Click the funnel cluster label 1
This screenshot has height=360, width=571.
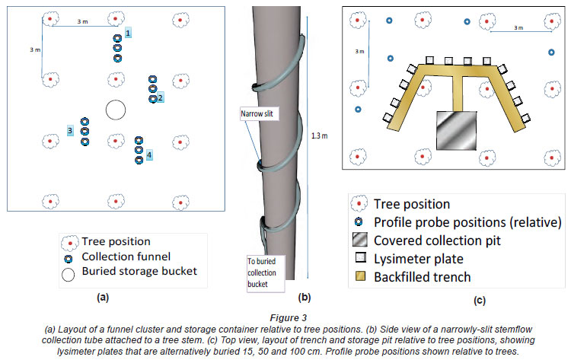coord(129,33)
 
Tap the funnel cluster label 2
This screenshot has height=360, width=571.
coord(161,97)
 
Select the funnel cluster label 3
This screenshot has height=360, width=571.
coord(70,131)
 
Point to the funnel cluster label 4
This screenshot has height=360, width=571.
coord(149,155)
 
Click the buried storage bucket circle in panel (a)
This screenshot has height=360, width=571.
coord(115,110)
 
